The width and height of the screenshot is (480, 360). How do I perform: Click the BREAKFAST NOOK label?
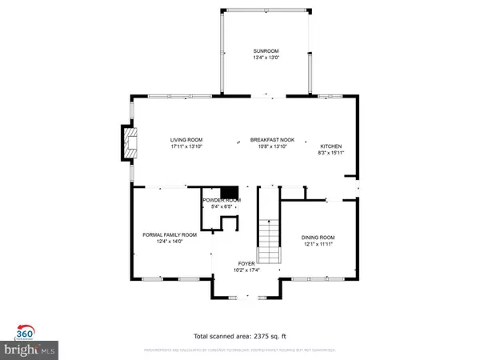tap(272, 140)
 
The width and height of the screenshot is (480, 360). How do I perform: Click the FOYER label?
tap(246, 263)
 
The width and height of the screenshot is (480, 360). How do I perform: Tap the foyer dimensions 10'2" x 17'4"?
tap(246, 270)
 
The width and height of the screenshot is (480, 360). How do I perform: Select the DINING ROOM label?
tap(318, 237)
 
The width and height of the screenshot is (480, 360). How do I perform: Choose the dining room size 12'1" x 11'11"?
tap(318, 244)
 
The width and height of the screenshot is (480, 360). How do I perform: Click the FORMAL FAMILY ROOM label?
tap(169, 234)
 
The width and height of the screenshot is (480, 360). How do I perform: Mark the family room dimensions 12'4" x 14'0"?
tap(169, 242)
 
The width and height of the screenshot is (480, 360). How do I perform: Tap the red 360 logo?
tap(25, 332)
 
